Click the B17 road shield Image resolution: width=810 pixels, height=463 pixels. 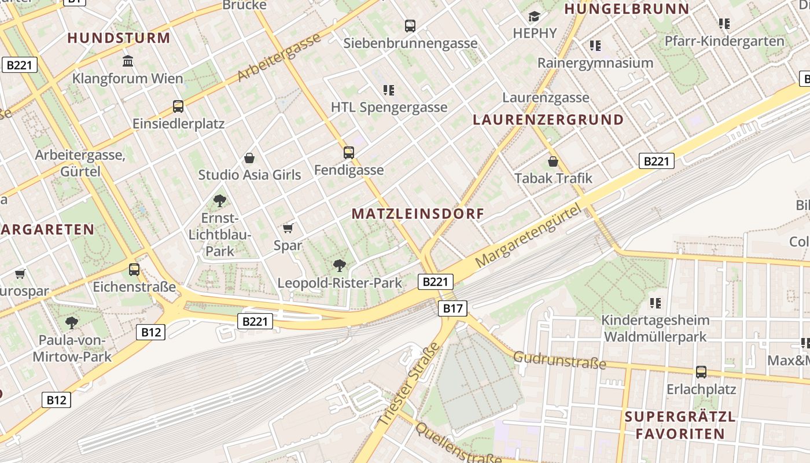(452, 308)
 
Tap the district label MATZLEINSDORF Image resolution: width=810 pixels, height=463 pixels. (418, 214)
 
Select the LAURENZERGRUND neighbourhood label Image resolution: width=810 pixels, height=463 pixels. (548, 120)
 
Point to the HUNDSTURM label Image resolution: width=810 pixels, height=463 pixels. (119, 38)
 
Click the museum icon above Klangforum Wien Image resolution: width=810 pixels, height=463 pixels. (128, 61)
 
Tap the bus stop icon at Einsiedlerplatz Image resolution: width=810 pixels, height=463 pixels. (178, 106)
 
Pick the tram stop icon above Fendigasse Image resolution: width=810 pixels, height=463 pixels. (348, 152)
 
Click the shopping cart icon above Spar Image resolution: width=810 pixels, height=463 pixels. (288, 228)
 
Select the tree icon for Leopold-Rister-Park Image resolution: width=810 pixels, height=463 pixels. (340, 266)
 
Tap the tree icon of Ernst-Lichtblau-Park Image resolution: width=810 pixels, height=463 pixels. (219, 201)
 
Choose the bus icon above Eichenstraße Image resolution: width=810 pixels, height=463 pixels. (134, 269)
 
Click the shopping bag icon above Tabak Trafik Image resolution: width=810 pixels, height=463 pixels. (553, 161)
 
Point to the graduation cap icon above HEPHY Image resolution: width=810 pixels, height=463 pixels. (534, 16)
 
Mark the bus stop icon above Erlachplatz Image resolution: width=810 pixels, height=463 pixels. (701, 372)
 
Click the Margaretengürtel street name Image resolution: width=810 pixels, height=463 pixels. (527, 238)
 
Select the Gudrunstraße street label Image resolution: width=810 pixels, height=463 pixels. (559, 361)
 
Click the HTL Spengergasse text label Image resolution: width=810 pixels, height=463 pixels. (389, 107)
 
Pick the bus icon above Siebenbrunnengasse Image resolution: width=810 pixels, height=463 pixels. (410, 25)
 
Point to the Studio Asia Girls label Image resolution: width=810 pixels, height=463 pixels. (249, 175)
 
